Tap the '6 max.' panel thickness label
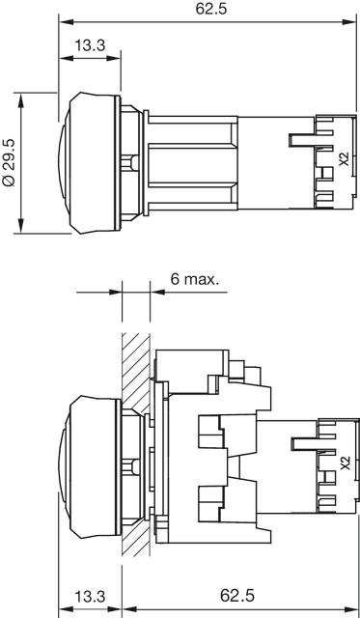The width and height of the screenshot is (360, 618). pos(194,279)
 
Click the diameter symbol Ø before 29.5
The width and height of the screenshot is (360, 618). pos(10,180)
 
